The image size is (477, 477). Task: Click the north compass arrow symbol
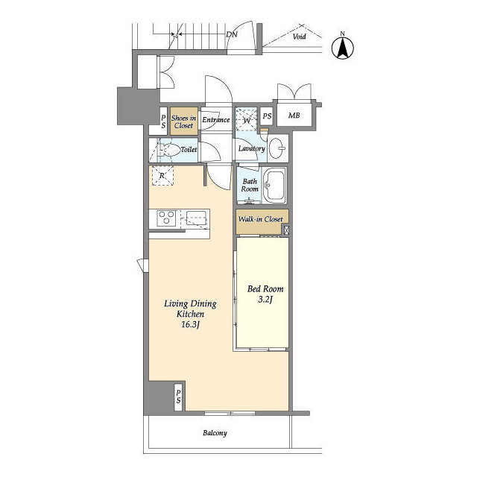[343, 48]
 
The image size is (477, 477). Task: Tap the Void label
[299, 37]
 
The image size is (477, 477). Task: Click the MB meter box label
[294, 116]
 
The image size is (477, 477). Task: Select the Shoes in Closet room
[184, 121]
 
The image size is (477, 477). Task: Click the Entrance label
[216, 119]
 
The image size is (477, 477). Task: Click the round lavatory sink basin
[277, 148]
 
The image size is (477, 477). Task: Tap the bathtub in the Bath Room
[274, 186]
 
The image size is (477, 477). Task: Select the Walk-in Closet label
[260, 219]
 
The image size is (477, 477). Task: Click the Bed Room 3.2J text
[265, 294]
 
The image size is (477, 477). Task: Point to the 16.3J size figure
[190, 325]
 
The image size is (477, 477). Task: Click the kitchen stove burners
[166, 218]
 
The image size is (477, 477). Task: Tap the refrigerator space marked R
[162, 176]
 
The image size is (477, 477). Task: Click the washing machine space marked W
[247, 120]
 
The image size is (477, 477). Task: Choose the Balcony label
[215, 433]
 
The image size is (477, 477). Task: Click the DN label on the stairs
[232, 34]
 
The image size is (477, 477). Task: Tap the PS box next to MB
[267, 116]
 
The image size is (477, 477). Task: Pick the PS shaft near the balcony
[178, 397]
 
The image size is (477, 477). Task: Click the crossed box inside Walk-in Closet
[286, 230]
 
